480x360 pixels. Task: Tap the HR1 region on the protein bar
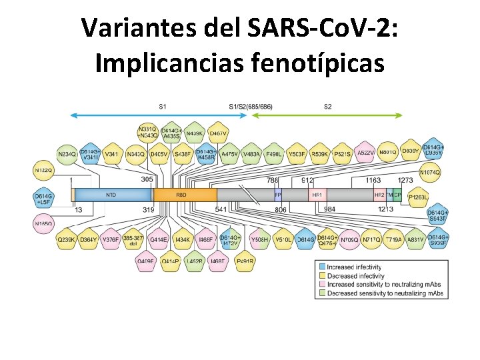click(317, 195)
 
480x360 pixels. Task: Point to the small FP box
click(278, 195)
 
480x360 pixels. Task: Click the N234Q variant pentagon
click(67, 155)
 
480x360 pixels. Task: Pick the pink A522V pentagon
click(365, 153)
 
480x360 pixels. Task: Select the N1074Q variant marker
click(430, 173)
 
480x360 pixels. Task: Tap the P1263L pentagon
click(418, 197)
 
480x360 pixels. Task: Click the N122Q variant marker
click(43, 171)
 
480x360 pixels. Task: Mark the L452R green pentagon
click(195, 262)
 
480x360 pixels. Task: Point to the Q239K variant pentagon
click(66, 239)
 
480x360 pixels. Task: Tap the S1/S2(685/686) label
click(250, 106)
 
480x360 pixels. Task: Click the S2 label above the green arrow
click(328, 106)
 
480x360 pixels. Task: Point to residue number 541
click(221, 210)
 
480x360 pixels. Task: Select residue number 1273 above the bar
click(405, 180)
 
